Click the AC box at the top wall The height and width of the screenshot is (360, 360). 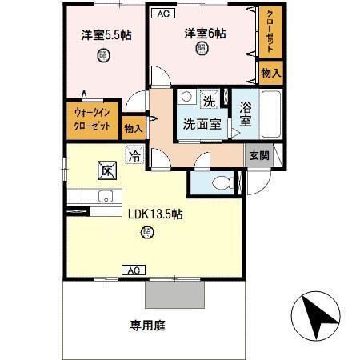(x=162, y=14)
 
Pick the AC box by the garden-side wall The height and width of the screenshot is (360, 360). (x=130, y=270)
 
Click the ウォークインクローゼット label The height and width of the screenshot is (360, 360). (x=93, y=118)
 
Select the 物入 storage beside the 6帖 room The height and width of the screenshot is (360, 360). (x=270, y=73)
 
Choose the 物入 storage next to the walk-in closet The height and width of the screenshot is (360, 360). (x=133, y=127)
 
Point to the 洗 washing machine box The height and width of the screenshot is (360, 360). (x=208, y=102)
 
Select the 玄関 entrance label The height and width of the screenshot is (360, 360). (x=258, y=155)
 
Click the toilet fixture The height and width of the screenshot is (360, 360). (x=218, y=182)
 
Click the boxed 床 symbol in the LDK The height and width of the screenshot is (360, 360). (x=106, y=170)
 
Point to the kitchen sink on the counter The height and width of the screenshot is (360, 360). (x=103, y=197)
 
